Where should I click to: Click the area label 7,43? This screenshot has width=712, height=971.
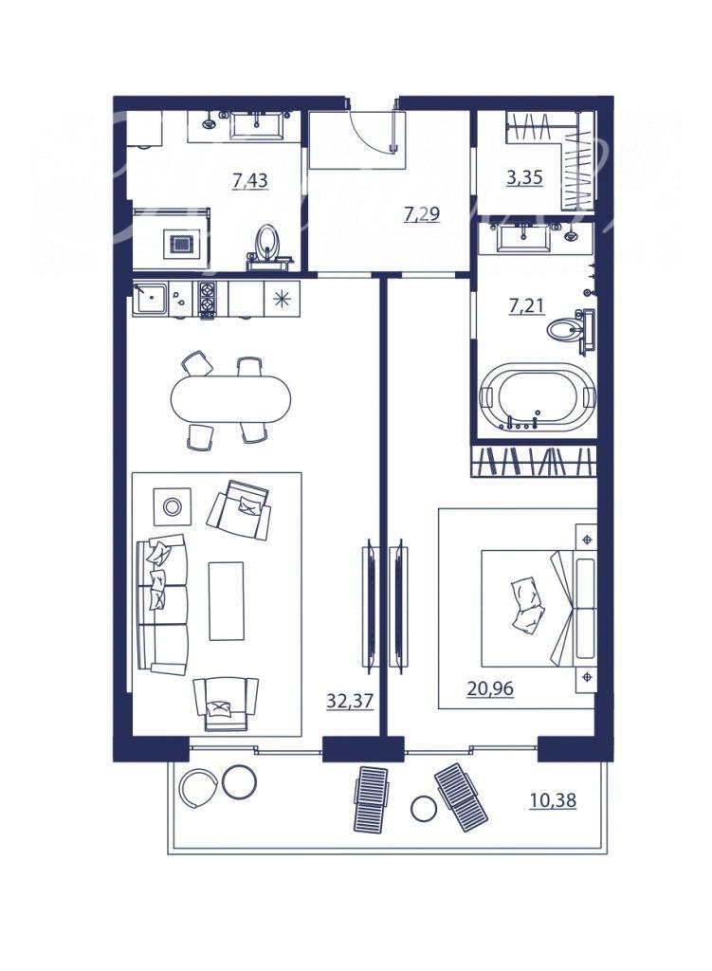pyautogui.click(x=249, y=181)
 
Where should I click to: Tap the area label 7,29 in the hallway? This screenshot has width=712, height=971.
pyautogui.click(x=422, y=214)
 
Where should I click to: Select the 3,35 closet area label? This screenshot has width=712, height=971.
pyautogui.click(x=524, y=177)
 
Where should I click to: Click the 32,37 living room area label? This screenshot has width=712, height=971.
pyautogui.click(x=350, y=701)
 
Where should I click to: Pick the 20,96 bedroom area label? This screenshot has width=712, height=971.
pyautogui.click(x=490, y=688)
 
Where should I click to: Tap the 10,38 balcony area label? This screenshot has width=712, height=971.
pyautogui.click(x=553, y=800)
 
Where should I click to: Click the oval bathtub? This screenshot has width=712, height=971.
pyautogui.click(x=537, y=396)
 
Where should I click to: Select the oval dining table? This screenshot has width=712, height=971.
pyautogui.click(x=230, y=399)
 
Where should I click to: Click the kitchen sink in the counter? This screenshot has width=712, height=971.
pyautogui.click(x=149, y=299)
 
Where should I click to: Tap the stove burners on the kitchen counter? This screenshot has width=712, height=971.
pyautogui.click(x=206, y=299)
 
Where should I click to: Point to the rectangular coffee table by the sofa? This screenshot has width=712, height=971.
pyautogui.click(x=226, y=600)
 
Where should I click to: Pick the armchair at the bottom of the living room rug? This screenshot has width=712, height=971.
pyautogui.click(x=226, y=704)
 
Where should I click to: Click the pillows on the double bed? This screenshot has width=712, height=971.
pyautogui.click(x=527, y=606)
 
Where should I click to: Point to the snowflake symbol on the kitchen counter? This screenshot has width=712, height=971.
pyautogui.click(x=282, y=299)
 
